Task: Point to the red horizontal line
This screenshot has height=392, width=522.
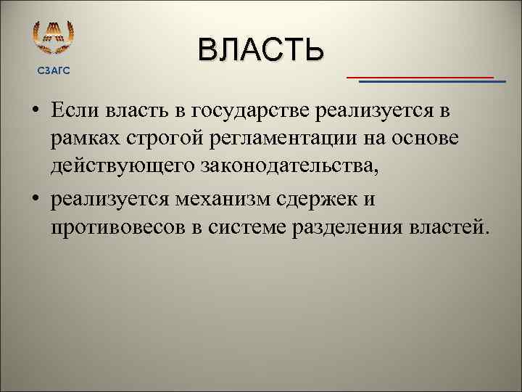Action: [x=420, y=76]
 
